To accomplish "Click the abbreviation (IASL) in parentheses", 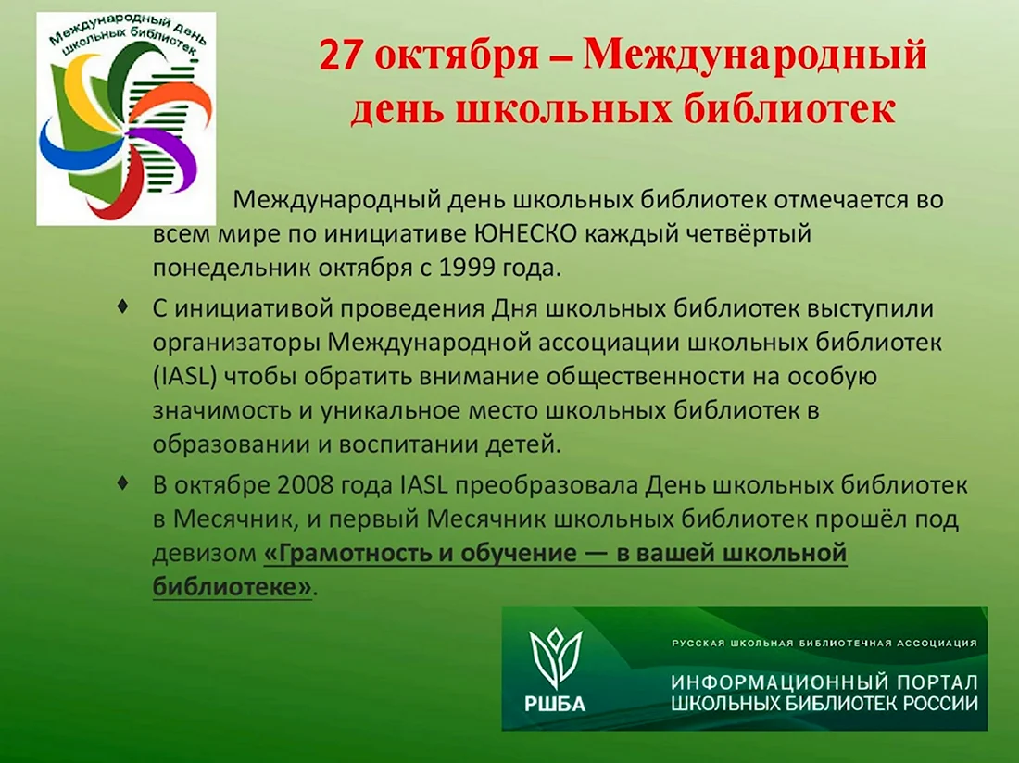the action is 184,377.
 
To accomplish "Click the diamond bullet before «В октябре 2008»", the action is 122,483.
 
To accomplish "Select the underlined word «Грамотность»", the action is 356,553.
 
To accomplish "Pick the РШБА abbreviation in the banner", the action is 555,703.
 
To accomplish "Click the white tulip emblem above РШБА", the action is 556,656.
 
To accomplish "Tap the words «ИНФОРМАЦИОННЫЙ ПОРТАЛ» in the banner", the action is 824,682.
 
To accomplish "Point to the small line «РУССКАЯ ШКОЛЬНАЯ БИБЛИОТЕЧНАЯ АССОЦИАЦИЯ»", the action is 824,643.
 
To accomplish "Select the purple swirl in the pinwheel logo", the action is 166,153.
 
